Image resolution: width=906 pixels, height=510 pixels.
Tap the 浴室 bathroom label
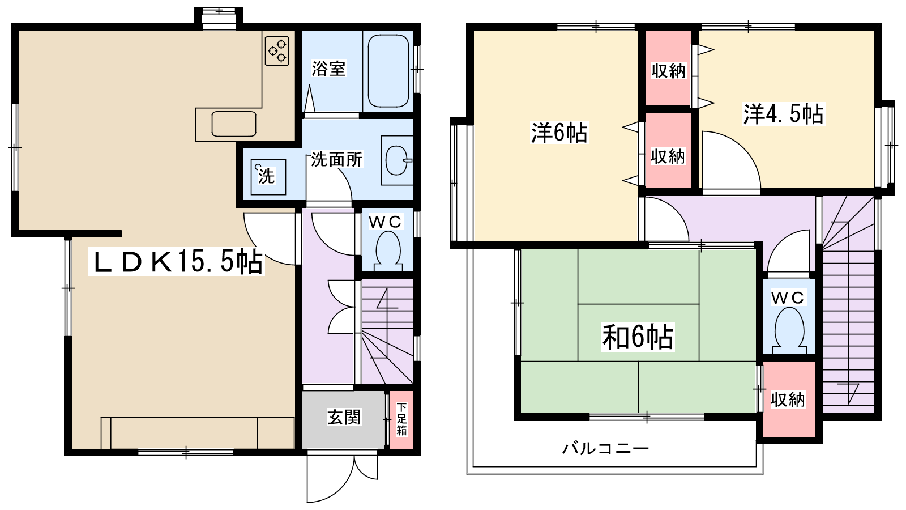tap(328, 69)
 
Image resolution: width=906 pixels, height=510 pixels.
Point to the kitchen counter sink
tap(234, 124)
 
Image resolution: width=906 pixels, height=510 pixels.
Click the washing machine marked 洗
tap(267, 177)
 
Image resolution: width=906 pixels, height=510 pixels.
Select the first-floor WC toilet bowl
tap(388, 250)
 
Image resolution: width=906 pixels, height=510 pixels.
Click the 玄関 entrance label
tap(344, 418)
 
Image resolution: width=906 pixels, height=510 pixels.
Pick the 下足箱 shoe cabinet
tap(401, 420)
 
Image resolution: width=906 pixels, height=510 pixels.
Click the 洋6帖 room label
tap(559, 132)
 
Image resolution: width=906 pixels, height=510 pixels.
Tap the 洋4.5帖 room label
tap(783, 114)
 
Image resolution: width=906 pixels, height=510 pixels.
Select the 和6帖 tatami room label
tap(638, 337)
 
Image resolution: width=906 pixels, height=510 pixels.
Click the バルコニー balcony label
tap(605, 448)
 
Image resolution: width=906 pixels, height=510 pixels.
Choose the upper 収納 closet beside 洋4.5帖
tap(668, 70)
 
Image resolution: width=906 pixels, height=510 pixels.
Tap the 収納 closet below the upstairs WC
tap(788, 399)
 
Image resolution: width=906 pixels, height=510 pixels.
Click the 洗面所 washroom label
tap(337, 160)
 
